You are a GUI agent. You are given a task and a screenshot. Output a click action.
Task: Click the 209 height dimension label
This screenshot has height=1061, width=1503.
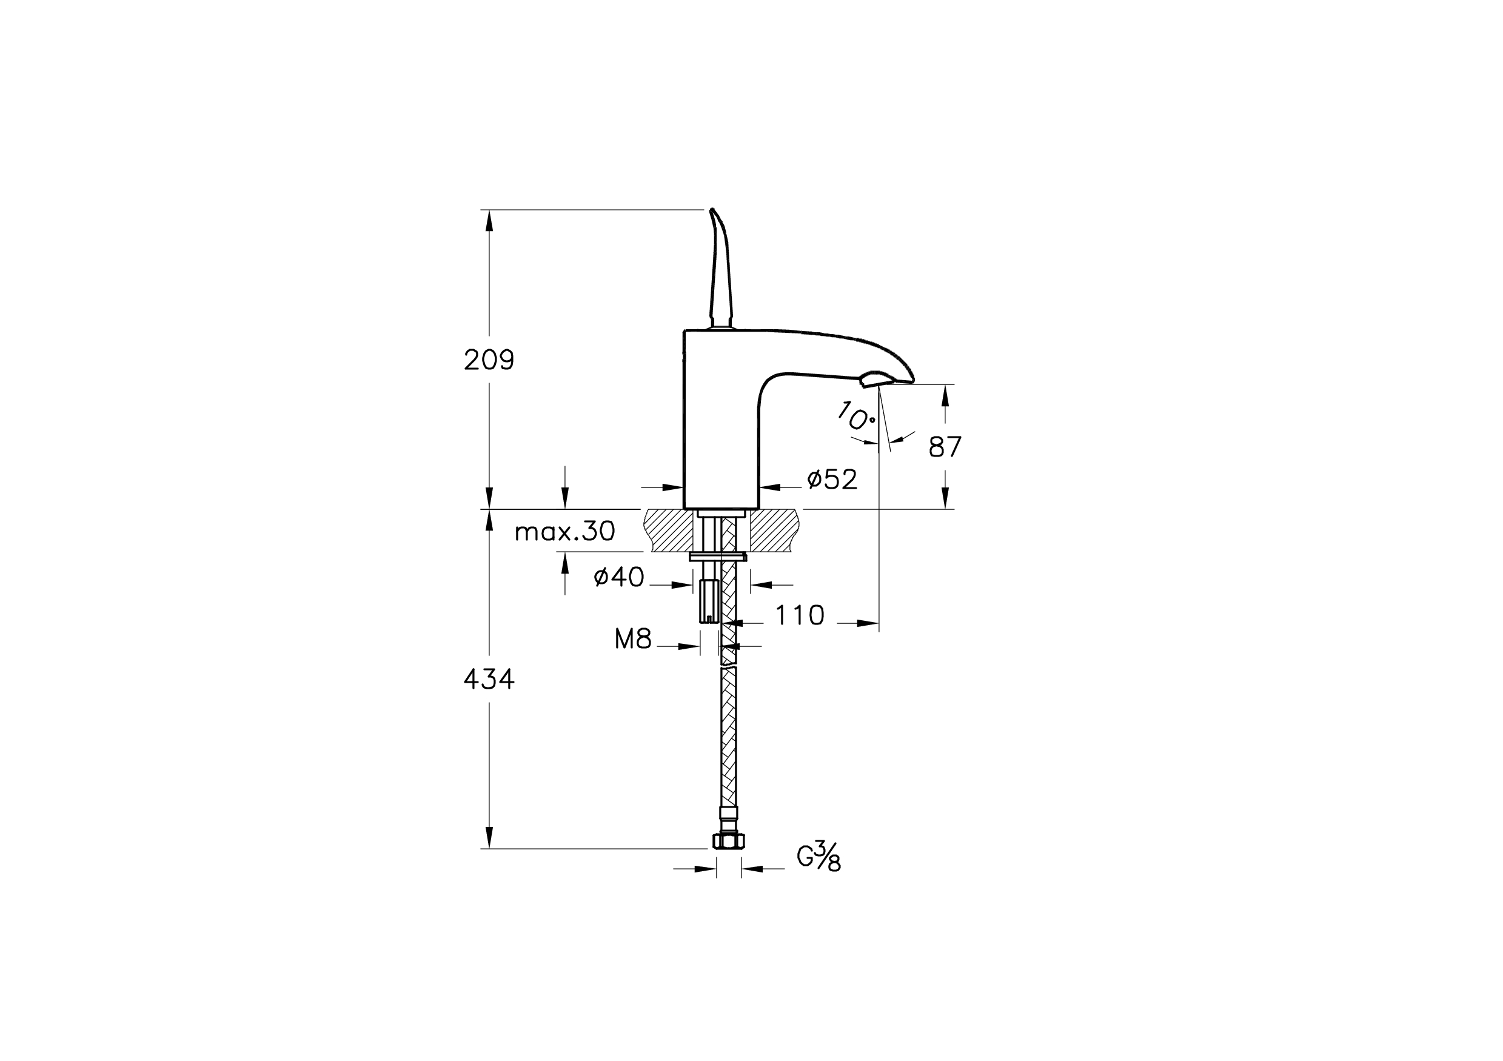(x=489, y=360)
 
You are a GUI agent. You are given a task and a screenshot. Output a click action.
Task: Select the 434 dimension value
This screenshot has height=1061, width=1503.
(x=489, y=681)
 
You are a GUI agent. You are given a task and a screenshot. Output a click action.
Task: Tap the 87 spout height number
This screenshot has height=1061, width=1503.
(x=945, y=447)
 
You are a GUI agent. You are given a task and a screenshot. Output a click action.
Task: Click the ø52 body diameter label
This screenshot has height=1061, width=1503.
(x=832, y=480)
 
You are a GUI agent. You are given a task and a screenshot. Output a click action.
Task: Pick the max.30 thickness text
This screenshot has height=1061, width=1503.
(x=565, y=532)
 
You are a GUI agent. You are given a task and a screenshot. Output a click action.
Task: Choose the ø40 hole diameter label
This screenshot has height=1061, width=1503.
(x=619, y=577)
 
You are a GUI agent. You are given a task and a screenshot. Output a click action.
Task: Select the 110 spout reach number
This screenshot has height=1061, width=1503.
(x=800, y=615)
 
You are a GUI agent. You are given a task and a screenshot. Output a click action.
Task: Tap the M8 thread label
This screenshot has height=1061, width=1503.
(x=633, y=640)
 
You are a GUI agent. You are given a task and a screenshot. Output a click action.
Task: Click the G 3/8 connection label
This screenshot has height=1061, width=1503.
(x=819, y=859)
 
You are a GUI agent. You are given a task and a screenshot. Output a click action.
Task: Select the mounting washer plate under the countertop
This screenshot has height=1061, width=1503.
(x=718, y=557)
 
